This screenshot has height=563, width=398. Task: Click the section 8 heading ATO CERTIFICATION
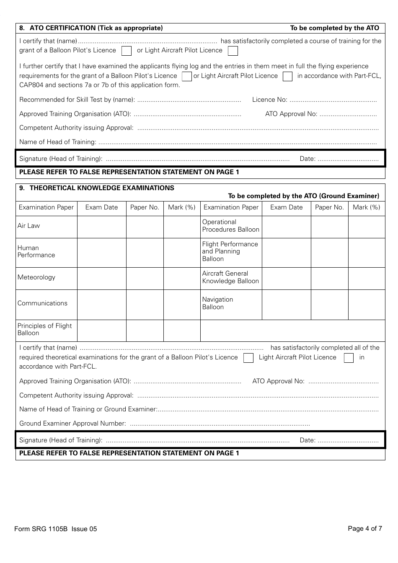click(91, 28)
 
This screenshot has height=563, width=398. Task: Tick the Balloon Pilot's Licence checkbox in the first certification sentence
click(126, 51)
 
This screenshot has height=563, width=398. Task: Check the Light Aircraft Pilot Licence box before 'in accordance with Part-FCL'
click(287, 77)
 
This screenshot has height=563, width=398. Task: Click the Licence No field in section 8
click(333, 100)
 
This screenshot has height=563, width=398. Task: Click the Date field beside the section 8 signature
click(348, 159)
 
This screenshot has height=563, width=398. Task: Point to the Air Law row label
click(29, 226)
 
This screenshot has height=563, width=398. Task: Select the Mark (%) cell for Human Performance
click(182, 253)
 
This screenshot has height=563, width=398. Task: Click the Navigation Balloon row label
click(218, 303)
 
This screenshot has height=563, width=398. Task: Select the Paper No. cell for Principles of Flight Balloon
click(145, 331)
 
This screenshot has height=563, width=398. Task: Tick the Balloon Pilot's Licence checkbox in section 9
click(248, 358)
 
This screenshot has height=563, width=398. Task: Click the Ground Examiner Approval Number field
click(220, 424)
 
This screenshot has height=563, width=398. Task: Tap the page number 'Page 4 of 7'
click(364, 529)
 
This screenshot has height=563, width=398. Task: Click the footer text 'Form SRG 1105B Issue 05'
click(55, 529)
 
